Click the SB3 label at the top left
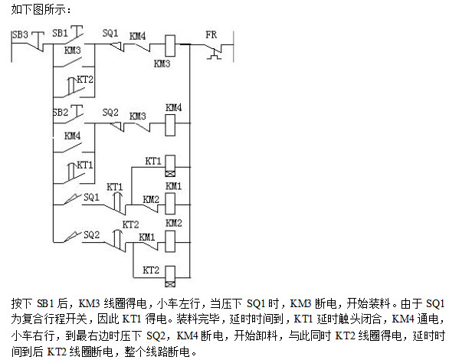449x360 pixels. click(x=21, y=35)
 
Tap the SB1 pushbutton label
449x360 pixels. click(x=60, y=33)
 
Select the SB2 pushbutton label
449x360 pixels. click(x=61, y=112)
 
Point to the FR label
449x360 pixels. click(x=211, y=34)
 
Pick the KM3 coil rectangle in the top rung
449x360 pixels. click(x=170, y=46)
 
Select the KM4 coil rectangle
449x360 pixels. click(x=170, y=125)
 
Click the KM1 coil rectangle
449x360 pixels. click(x=170, y=204)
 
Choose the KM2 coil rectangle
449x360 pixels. click(x=170, y=241)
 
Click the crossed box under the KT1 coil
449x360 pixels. click(x=170, y=174)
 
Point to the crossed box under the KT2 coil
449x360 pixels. click(x=170, y=284)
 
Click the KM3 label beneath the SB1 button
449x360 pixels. click(x=73, y=51)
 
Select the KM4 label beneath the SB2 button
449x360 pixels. click(x=73, y=136)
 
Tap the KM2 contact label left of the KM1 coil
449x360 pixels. click(x=151, y=199)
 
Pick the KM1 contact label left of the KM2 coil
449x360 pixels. click(x=147, y=237)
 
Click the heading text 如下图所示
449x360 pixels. click(x=39, y=10)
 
